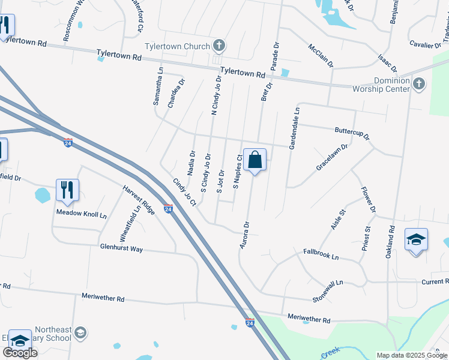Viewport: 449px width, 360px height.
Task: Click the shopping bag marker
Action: tap(255, 160)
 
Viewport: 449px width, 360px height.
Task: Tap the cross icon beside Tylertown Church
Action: tap(219, 46)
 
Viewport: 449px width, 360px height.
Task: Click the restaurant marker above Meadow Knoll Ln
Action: tap(67, 190)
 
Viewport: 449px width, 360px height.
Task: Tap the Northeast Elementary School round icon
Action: tap(82, 332)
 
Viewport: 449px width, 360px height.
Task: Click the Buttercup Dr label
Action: tap(352, 133)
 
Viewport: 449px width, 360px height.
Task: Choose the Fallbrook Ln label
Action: tap(321, 254)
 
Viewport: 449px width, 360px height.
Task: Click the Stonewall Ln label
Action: tap(327, 290)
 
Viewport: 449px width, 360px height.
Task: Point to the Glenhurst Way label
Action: tap(121, 248)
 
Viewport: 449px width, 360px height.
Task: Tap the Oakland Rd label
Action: tap(391, 242)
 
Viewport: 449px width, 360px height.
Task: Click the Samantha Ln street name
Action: tap(158, 86)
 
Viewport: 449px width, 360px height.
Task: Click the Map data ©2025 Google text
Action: tap(412, 355)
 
